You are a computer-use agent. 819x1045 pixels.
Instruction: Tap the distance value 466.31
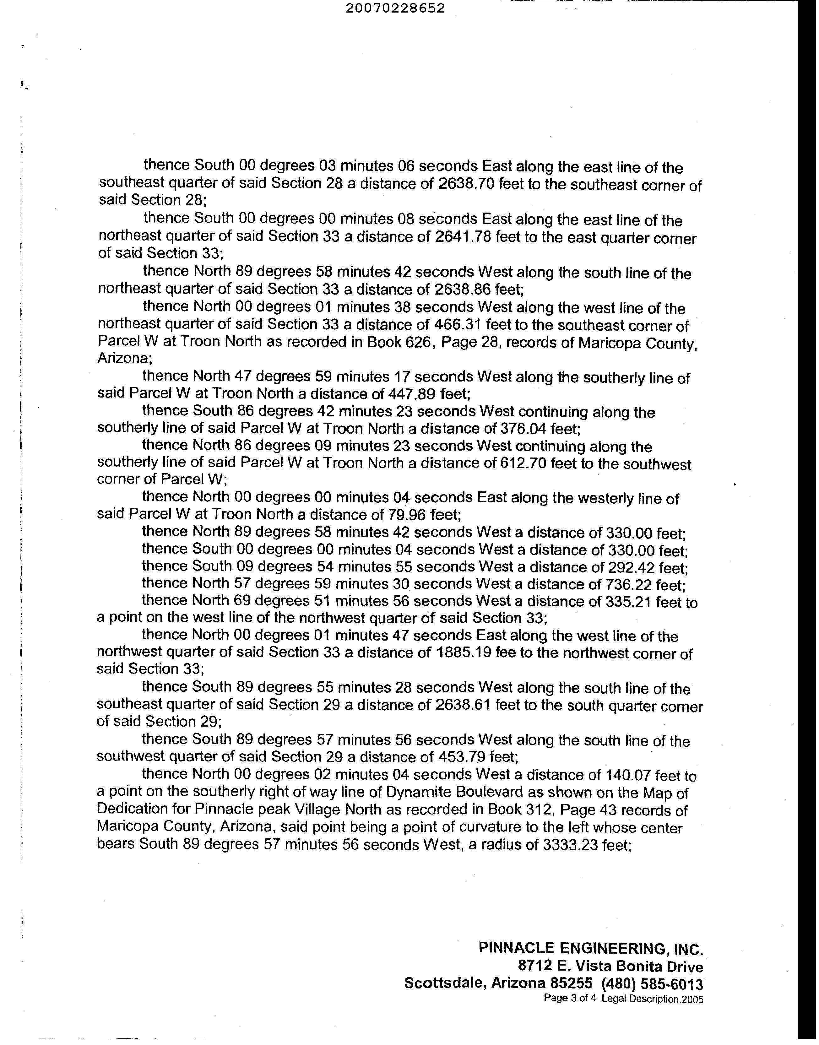458,325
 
